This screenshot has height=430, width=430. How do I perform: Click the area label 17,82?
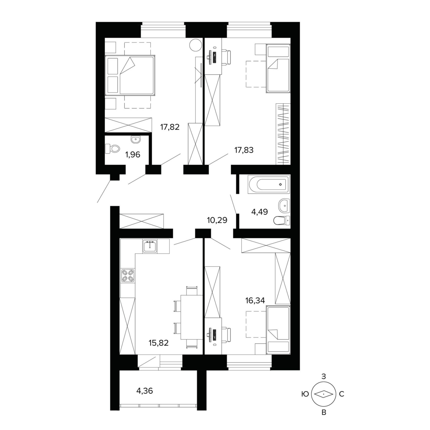coord(170,127)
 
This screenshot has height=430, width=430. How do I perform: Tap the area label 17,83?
coord(244,150)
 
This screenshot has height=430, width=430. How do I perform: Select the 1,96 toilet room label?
coord(133,154)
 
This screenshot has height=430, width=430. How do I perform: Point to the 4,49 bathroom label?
coord(260,211)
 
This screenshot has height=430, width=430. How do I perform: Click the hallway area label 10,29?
coord(217,220)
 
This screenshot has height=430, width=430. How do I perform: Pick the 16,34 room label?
coord(255,300)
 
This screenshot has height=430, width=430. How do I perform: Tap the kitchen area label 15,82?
coord(159,343)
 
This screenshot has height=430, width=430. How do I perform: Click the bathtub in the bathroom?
coord(269,184)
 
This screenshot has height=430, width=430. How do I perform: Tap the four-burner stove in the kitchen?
coord(128,276)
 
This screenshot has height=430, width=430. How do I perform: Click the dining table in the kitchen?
coord(192,317)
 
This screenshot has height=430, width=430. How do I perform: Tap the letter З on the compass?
coord(324,376)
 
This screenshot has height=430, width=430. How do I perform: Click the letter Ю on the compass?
coord(305,394)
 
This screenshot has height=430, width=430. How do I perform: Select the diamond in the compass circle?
coord(324,394)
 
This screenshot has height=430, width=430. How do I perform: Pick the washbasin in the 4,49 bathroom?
coord(284,206)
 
